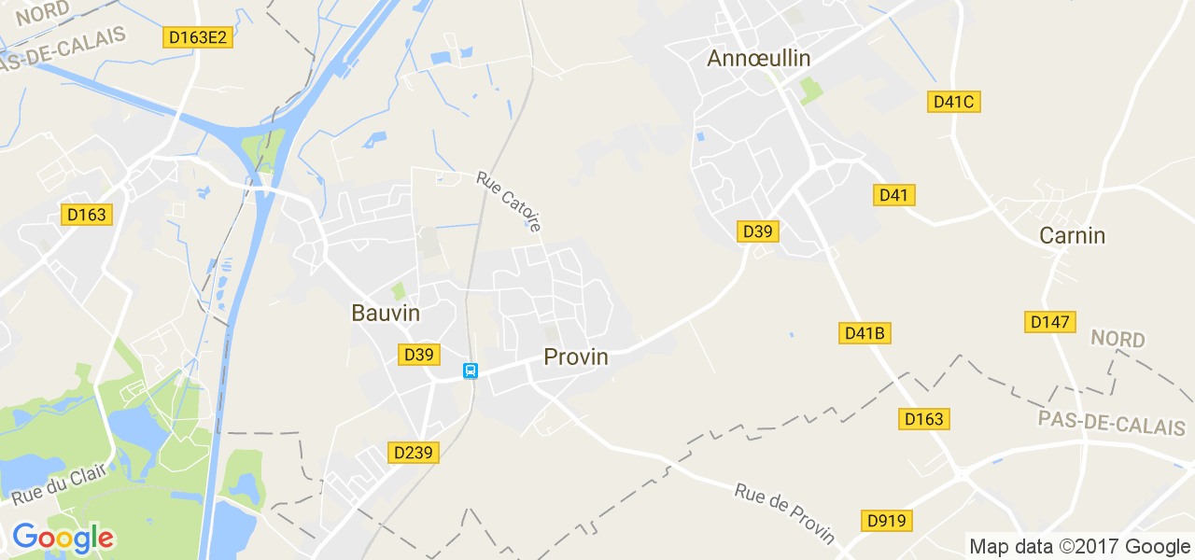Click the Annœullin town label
(x=758, y=58)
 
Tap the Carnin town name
(x=1072, y=236)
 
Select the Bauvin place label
(x=386, y=313)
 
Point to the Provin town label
(x=575, y=357)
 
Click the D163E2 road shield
(x=197, y=37)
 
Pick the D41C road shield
(x=953, y=102)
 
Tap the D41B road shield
(x=865, y=333)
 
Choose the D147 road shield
(x=1049, y=322)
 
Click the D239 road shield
(x=413, y=453)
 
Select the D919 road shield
(x=886, y=520)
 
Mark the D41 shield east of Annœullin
(x=893, y=195)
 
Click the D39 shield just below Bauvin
(x=418, y=355)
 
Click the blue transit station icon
(x=471, y=371)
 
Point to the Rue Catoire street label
(x=509, y=201)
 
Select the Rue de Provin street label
(x=784, y=513)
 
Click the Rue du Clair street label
(x=55, y=483)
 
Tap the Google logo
(x=63, y=538)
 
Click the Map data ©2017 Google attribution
(x=1079, y=547)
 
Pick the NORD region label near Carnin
(x=1118, y=339)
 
